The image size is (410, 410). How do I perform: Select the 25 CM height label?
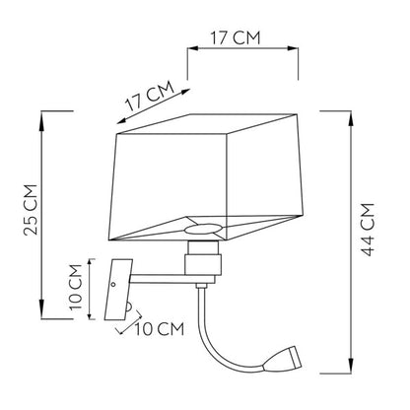coord(31,210)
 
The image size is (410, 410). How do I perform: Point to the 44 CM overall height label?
coord(368,229)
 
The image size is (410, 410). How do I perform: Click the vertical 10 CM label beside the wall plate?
coord(76,287)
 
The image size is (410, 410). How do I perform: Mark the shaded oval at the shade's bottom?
coord(203,230)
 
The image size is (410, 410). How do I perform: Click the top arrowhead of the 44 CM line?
coord(351,116)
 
